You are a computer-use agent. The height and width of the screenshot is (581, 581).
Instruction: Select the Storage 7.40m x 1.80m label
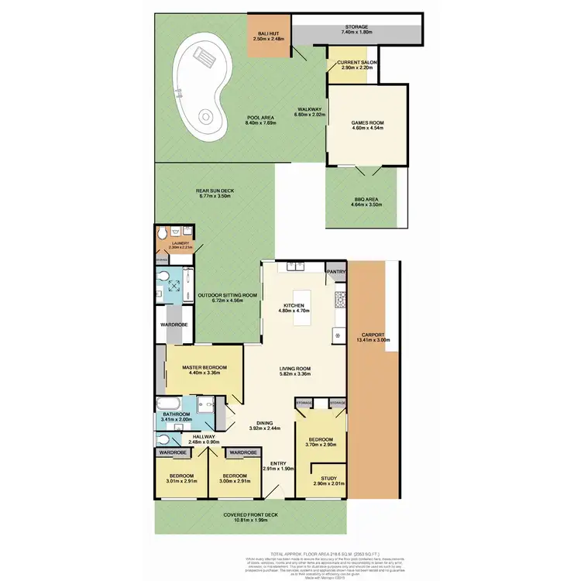357,30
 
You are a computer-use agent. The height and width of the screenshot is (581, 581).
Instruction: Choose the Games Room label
367,125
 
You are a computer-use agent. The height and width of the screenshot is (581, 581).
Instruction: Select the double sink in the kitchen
296,267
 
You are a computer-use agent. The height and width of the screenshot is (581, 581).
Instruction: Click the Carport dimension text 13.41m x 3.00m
374,339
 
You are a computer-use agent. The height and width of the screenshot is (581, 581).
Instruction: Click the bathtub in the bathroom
167,406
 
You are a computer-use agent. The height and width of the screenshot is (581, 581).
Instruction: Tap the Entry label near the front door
278,464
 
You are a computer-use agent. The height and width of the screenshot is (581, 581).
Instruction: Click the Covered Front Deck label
251,517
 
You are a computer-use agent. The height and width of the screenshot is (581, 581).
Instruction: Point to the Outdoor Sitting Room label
226,297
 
